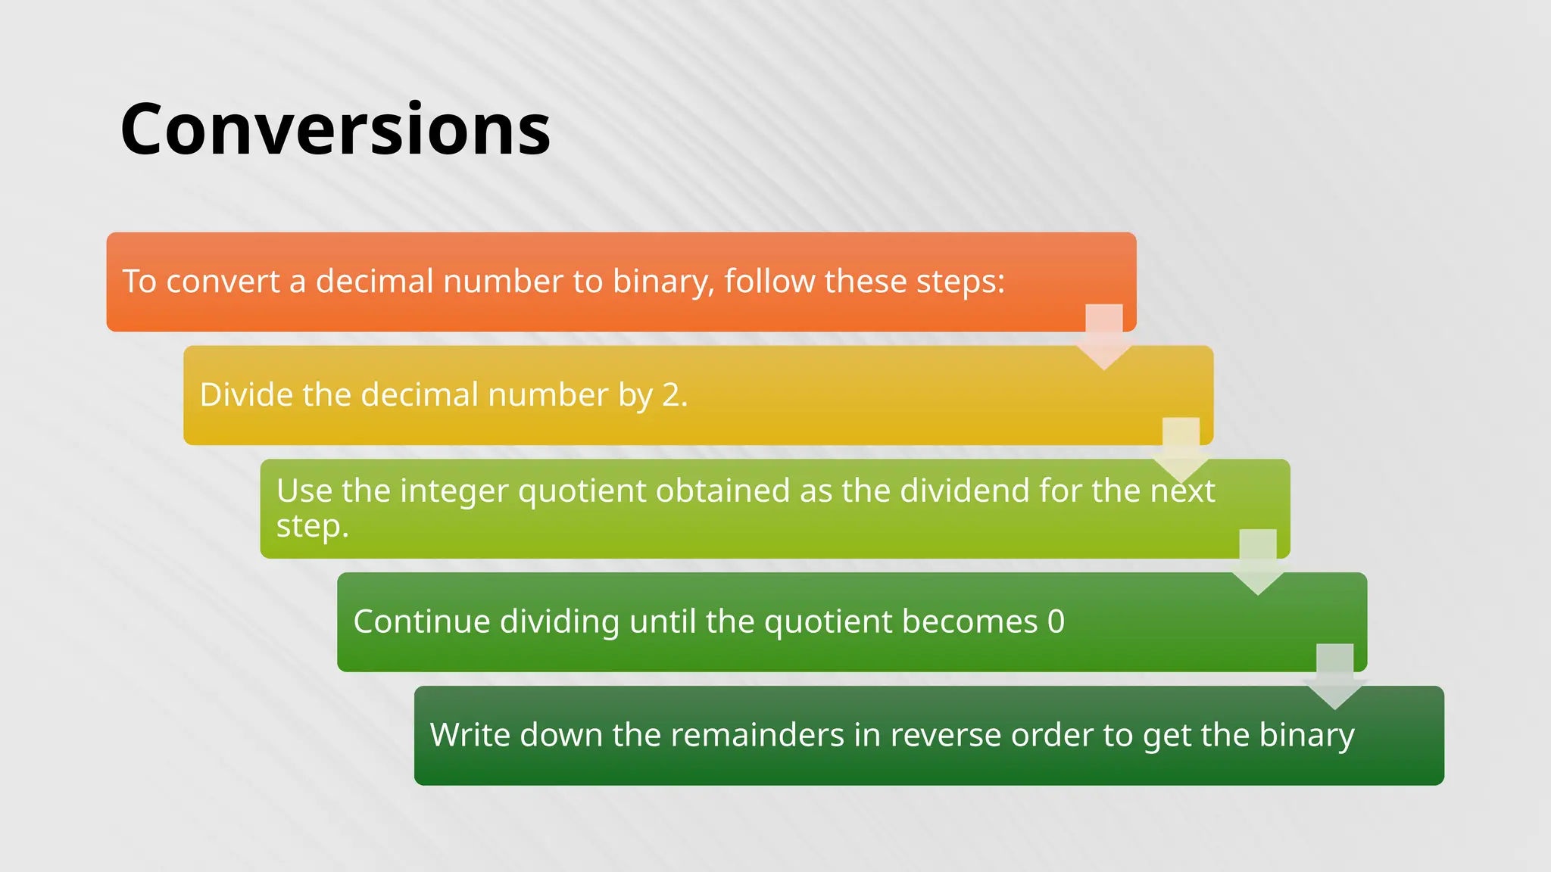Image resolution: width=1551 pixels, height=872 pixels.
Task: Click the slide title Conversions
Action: (335, 129)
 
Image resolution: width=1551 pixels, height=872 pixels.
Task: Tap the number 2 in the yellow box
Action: (671, 395)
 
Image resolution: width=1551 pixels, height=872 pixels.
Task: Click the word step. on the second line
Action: (312, 526)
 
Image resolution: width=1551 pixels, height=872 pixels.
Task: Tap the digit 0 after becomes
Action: (1056, 621)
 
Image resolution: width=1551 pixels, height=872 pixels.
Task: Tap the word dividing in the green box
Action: (560, 621)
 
